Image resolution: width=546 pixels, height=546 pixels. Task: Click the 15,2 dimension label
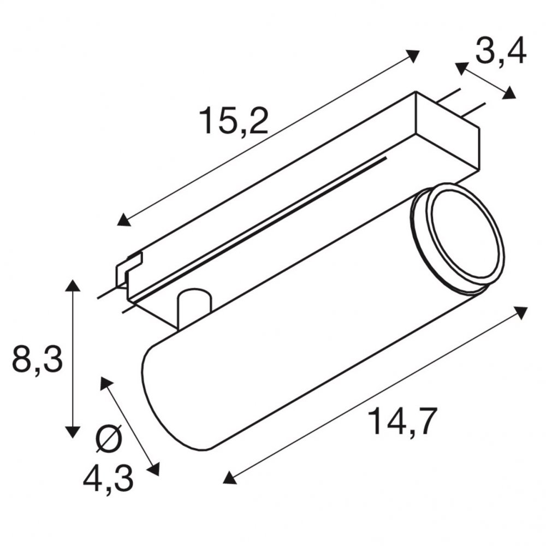(x=234, y=121)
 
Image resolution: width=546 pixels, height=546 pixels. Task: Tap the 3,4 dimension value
(x=501, y=52)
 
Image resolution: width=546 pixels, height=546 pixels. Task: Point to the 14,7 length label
(x=402, y=422)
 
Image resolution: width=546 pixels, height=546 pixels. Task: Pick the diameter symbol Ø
(x=109, y=438)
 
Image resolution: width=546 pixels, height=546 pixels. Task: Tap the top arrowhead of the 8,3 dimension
(x=73, y=285)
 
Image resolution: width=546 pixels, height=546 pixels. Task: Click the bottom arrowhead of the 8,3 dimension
(x=73, y=432)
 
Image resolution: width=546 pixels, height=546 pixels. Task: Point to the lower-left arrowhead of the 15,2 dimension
(x=124, y=220)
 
